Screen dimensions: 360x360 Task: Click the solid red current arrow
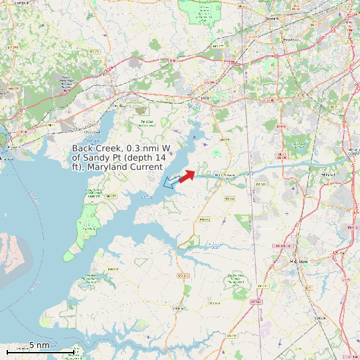pos(187,175)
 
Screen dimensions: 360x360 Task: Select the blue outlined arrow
pos(171,181)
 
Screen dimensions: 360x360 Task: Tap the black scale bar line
pos(40,351)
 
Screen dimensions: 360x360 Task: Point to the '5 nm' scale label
pos(39,345)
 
